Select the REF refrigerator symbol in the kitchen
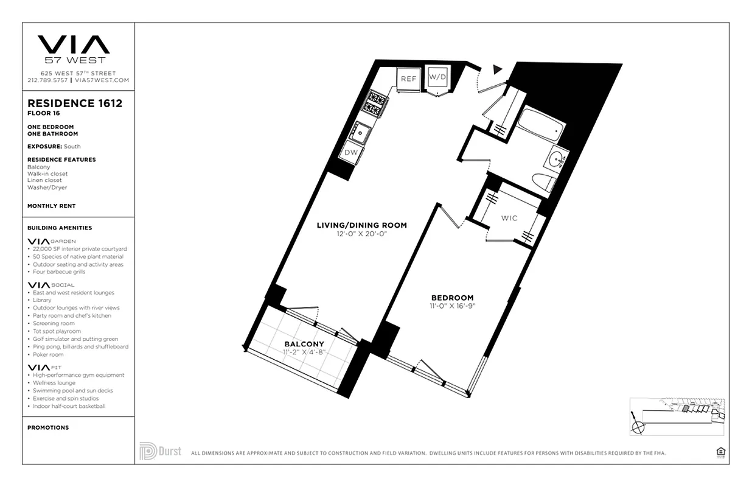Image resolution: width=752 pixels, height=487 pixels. (408, 79)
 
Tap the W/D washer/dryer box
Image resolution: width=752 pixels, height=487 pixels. (437, 78)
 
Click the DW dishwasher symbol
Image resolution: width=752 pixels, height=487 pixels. (351, 153)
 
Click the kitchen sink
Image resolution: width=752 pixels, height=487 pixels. (361, 131)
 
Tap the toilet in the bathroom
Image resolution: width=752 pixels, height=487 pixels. (543, 181)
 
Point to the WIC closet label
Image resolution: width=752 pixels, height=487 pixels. (509, 218)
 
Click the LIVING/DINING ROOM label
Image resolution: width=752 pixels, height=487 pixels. (361, 225)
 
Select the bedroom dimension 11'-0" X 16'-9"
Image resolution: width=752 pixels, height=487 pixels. (451, 306)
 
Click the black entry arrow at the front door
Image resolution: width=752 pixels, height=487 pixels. (498, 69)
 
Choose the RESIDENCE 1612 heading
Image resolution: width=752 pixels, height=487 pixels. (75, 103)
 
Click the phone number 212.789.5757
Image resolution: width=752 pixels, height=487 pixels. (47, 80)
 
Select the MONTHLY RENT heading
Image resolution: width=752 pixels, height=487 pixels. (52, 206)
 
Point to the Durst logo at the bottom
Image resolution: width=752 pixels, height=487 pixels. (161, 451)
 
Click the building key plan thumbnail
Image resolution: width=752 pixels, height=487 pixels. (677, 416)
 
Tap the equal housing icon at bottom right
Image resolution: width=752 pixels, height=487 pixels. (721, 452)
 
